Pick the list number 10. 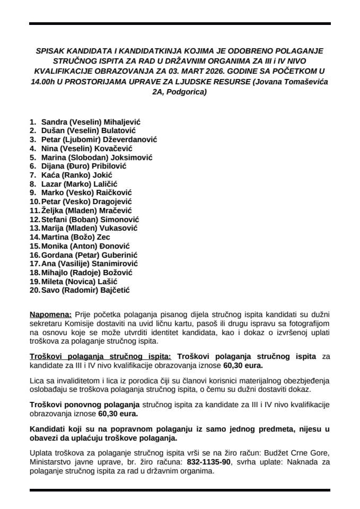click(x=34, y=202)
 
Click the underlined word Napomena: click(x=50, y=314)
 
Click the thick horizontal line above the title click(x=180, y=24)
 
